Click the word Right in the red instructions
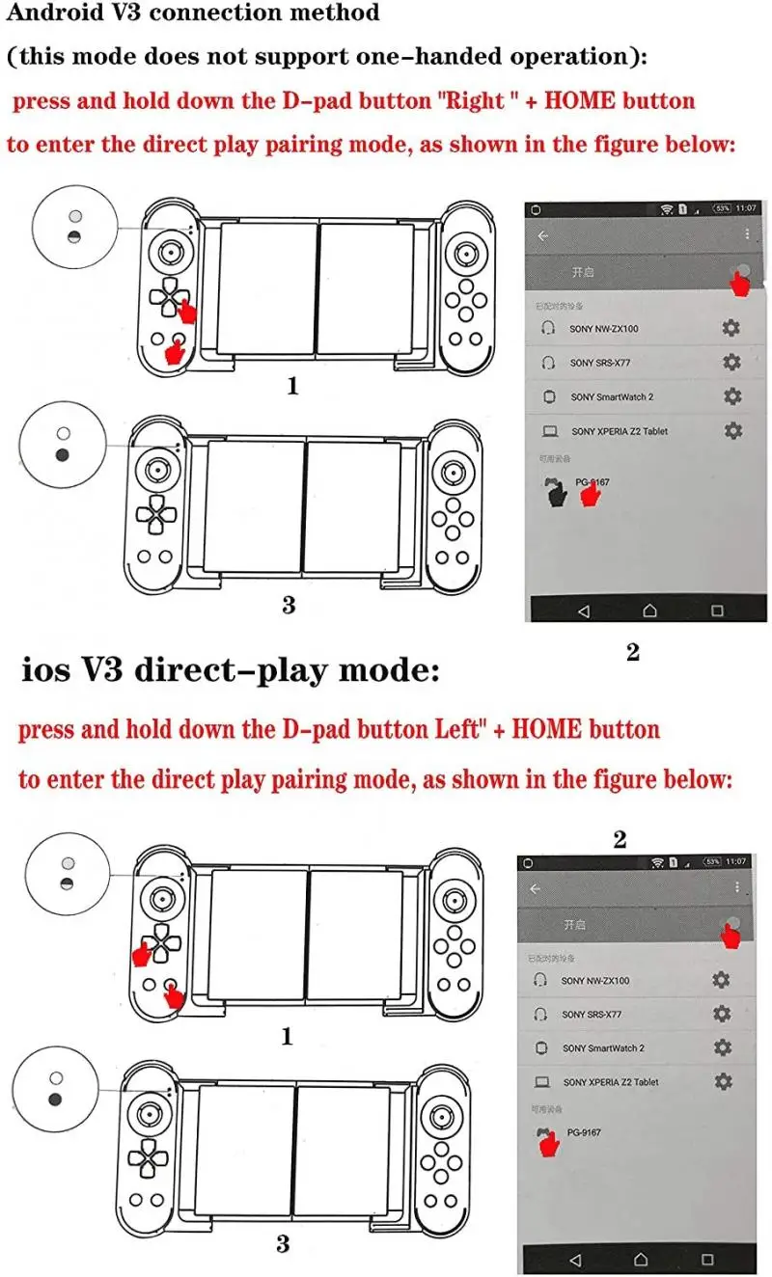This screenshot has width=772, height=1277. (476, 100)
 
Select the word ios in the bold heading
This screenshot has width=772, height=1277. (45, 669)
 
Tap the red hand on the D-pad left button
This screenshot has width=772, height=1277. (141, 954)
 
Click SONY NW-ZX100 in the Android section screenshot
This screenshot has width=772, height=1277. (603, 329)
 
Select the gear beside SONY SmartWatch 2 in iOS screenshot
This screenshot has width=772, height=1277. (723, 1047)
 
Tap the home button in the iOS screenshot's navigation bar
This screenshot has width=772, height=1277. (641, 1260)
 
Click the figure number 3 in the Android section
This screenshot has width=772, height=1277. (289, 605)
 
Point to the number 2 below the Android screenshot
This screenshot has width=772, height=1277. (633, 652)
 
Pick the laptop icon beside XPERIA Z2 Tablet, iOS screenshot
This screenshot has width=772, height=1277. (542, 1082)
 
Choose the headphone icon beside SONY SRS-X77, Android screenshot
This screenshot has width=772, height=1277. (548, 363)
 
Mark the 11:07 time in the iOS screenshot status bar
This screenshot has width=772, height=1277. (735, 860)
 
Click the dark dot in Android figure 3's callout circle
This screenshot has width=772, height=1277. (64, 454)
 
